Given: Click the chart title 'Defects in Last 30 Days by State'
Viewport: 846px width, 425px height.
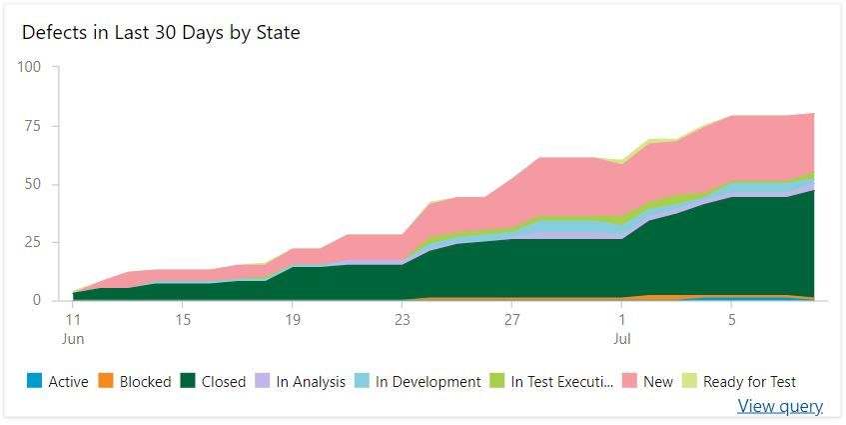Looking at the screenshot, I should (x=161, y=32).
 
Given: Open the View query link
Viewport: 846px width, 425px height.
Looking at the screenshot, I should (x=780, y=406).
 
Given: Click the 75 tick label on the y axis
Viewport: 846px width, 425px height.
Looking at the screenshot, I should (x=32, y=125).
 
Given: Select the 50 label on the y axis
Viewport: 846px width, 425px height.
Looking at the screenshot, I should (x=32, y=184).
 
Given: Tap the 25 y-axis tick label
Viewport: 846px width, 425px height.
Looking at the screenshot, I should (x=32, y=242).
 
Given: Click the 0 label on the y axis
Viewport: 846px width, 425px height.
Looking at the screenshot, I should (x=36, y=300).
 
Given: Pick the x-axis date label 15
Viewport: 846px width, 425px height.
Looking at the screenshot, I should (x=183, y=320).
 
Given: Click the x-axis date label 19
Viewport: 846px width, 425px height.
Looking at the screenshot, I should (x=293, y=320).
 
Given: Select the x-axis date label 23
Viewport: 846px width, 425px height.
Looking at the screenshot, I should (x=402, y=320).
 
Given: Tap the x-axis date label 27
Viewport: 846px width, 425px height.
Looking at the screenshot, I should (x=511, y=320).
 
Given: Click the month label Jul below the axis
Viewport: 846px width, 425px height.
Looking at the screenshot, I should (x=621, y=339).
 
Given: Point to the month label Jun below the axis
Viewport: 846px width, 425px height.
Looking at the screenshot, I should (x=73, y=339).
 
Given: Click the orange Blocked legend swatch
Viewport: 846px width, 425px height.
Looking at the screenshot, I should (x=105, y=381).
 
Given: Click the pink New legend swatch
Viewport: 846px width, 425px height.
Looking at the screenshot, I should (x=629, y=381).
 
